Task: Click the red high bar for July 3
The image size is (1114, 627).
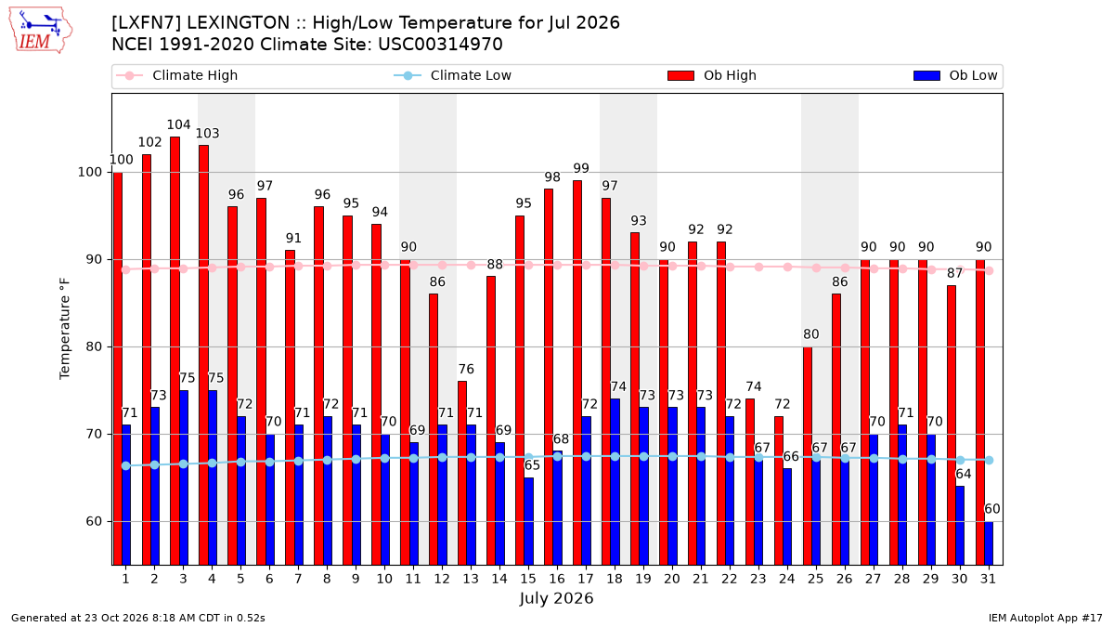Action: point(175,351)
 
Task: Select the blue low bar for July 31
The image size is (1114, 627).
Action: point(989,543)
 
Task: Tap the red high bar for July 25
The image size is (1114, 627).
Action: point(808,456)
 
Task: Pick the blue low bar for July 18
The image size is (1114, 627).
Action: point(615,482)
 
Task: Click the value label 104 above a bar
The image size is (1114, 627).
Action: point(178,124)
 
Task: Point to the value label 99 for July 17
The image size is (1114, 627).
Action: point(581,168)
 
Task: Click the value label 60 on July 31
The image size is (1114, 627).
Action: point(992,509)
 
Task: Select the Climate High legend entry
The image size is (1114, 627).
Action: point(177,75)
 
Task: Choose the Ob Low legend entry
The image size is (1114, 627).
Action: point(955,75)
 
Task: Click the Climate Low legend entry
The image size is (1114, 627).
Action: point(453,75)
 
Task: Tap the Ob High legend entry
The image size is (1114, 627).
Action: point(712,75)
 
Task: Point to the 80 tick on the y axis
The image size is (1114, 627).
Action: point(94,346)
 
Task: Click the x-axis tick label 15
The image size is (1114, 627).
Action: point(528,579)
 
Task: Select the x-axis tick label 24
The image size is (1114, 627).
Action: point(787,579)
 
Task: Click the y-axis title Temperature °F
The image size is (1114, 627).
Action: point(65,329)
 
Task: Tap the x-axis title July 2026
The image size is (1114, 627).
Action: point(556,598)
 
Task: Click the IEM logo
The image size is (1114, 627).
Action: point(40,31)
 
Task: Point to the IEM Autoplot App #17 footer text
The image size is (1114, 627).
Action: point(1045,618)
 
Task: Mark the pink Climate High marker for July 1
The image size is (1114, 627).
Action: point(126,269)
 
